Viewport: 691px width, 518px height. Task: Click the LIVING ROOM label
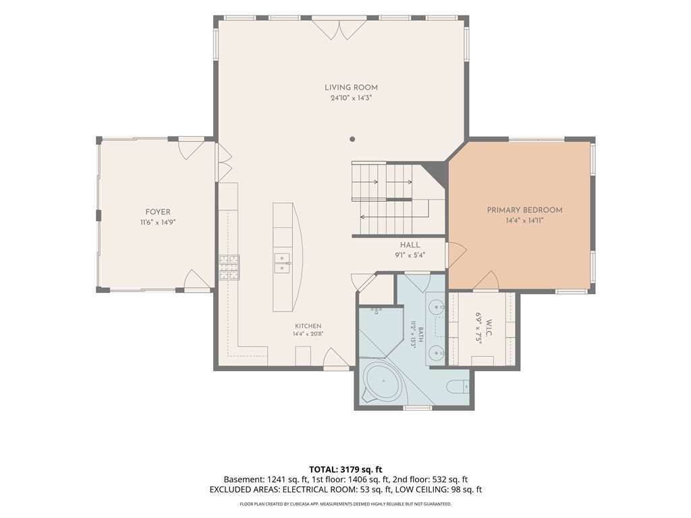click(x=351, y=88)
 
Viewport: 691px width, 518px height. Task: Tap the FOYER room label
click(x=158, y=212)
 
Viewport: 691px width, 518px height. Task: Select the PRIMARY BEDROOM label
click(x=524, y=210)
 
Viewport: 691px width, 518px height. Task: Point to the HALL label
click(x=410, y=245)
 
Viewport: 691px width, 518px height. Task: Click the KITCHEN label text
click(x=308, y=326)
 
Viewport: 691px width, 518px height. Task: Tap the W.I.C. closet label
click(x=489, y=328)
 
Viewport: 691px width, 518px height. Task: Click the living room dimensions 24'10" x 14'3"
click(x=351, y=98)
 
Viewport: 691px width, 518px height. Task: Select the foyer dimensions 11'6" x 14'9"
click(x=158, y=223)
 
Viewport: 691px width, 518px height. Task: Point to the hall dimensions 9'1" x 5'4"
click(x=410, y=255)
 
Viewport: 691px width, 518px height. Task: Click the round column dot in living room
click(x=352, y=139)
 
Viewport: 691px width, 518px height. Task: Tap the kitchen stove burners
click(x=229, y=267)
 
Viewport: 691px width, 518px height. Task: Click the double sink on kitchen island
click(x=281, y=263)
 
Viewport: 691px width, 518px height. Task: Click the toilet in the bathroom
click(x=458, y=386)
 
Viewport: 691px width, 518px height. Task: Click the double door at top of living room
click(x=339, y=29)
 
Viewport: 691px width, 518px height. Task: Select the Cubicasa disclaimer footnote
click(x=345, y=504)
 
